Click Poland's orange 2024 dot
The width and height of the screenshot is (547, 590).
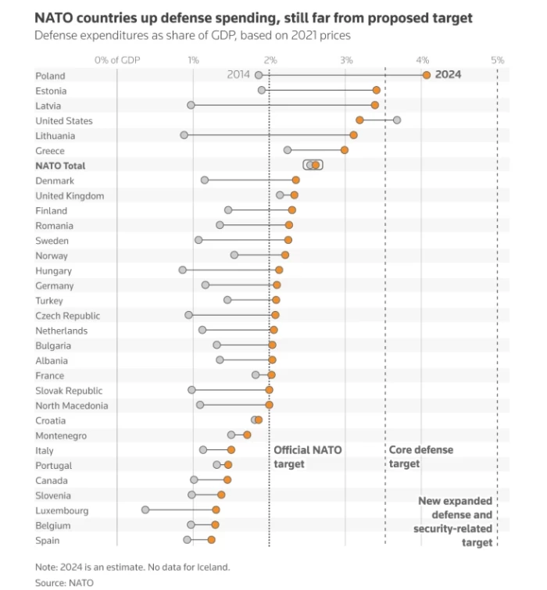[x=426, y=75]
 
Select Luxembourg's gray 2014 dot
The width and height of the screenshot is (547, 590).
[x=145, y=510]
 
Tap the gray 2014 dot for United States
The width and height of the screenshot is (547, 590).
[x=397, y=120]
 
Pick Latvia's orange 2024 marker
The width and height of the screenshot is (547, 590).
[x=375, y=105]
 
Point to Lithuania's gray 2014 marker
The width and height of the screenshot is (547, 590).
[x=184, y=135]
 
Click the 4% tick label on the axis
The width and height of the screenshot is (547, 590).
[x=422, y=60]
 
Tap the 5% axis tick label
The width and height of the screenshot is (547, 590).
[x=497, y=60]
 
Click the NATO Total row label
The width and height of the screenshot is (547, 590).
[x=60, y=166]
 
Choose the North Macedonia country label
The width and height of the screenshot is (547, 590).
[x=72, y=406]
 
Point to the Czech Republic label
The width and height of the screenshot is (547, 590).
[x=67, y=316]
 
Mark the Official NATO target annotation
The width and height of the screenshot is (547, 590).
[x=307, y=457]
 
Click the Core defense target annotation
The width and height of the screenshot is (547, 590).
[x=420, y=457]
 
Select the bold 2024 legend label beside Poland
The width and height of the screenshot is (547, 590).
[x=449, y=75]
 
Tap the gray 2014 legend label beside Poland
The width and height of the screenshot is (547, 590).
[x=238, y=75]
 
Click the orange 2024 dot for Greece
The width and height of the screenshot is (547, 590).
[x=345, y=150]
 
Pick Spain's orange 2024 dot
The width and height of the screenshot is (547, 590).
[x=211, y=540]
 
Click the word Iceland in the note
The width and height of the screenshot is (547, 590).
[x=213, y=567]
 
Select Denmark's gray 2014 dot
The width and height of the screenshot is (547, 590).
[x=205, y=181]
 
